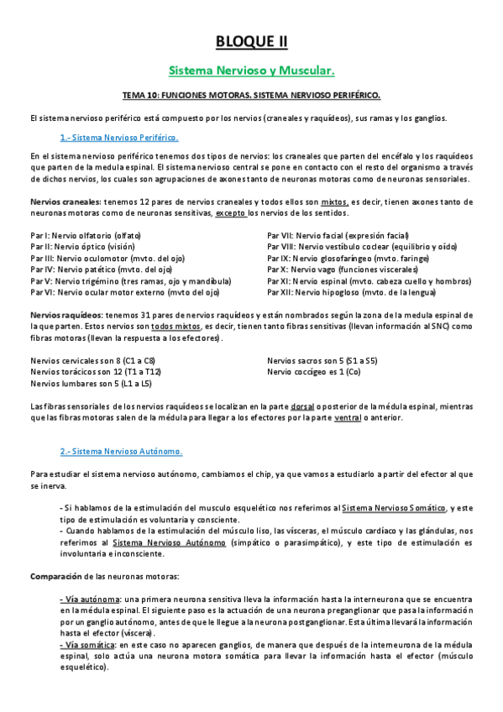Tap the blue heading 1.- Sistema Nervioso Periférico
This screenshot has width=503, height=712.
tap(118, 137)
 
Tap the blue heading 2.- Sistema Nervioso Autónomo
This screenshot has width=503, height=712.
tap(121, 451)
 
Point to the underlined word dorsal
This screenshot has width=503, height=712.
tap(303, 406)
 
